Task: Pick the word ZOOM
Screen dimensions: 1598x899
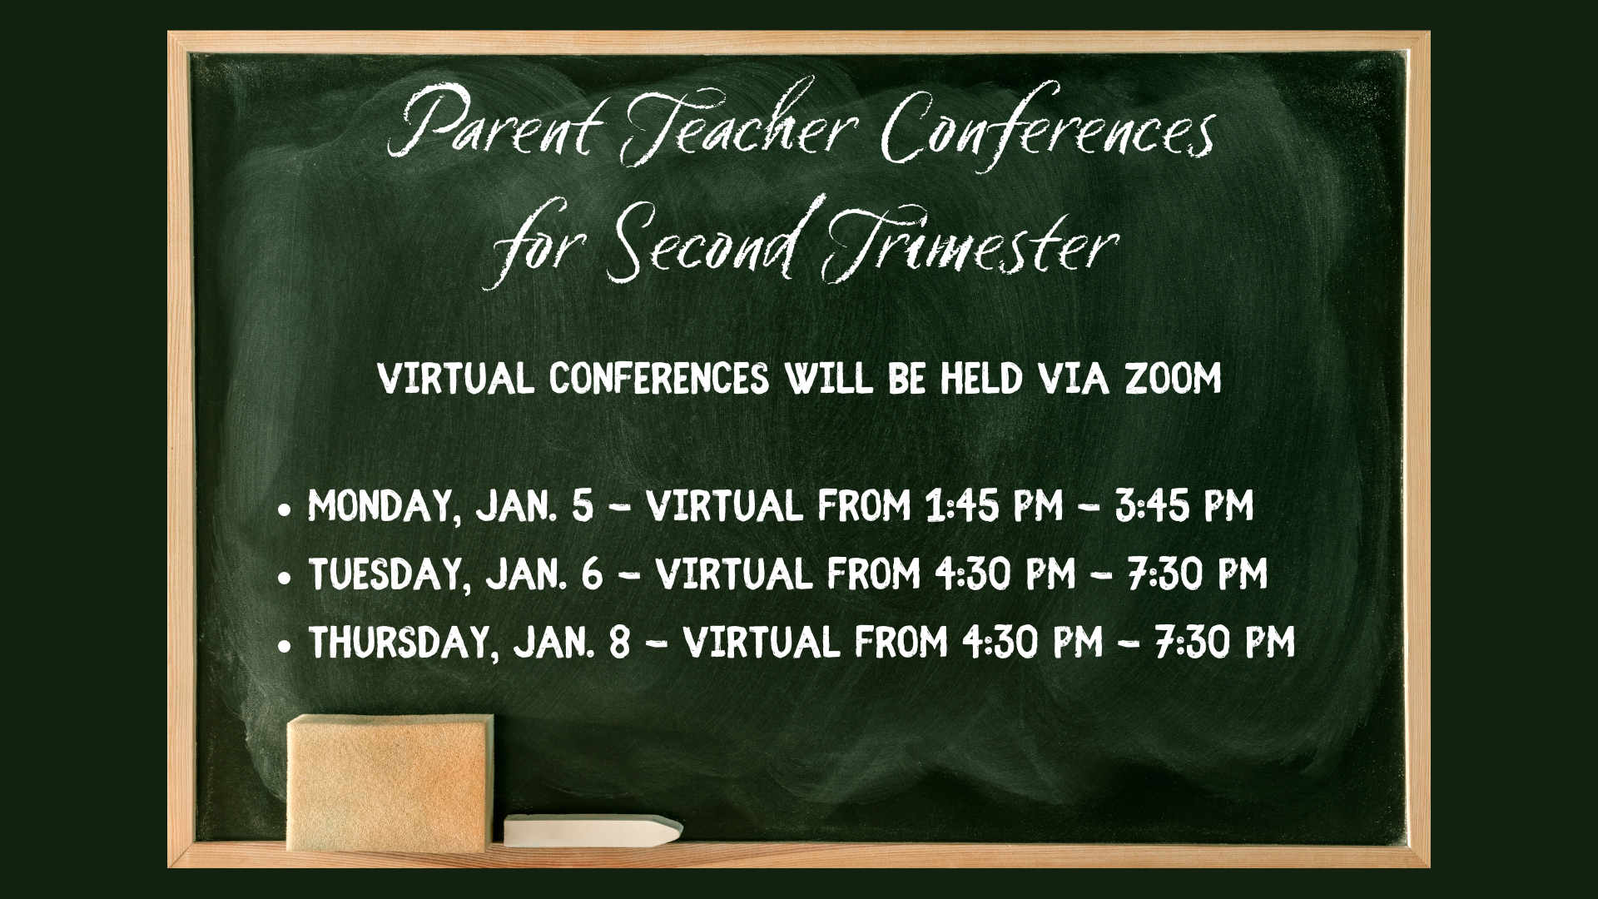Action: [x=1174, y=379]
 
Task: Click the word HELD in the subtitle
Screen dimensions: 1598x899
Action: [x=982, y=379]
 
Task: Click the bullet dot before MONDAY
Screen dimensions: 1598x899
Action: [x=285, y=508]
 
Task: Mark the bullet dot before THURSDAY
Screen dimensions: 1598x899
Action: [x=285, y=644]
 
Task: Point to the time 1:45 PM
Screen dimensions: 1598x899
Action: [x=994, y=505]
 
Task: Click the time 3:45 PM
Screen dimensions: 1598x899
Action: [x=1184, y=505]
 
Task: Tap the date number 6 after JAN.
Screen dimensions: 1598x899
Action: [x=592, y=574]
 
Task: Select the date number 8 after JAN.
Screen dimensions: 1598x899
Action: [x=619, y=643]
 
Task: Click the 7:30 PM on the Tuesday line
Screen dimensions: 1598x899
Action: [x=1198, y=574]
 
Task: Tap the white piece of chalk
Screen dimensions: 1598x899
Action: [x=593, y=830]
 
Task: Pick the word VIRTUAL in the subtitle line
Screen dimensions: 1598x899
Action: [x=455, y=379]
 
